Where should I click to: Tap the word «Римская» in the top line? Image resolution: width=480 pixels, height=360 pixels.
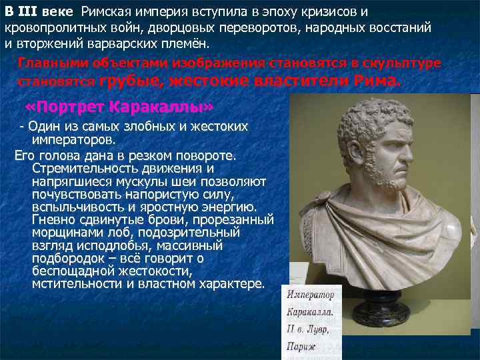coord(109,13)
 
